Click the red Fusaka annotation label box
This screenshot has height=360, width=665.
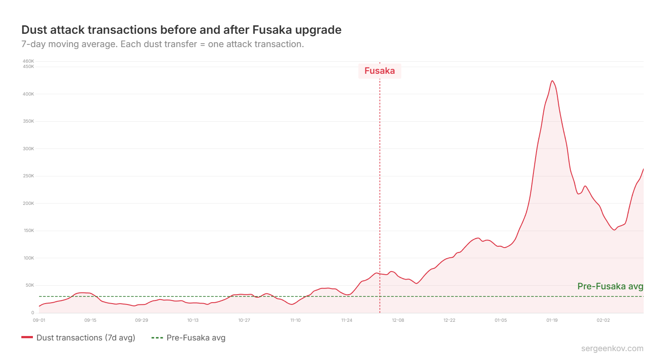point(380,71)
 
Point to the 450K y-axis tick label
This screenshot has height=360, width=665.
point(28,67)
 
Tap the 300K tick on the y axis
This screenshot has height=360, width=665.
point(28,149)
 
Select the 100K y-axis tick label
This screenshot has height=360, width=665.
point(28,258)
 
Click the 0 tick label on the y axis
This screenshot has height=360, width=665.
point(32,313)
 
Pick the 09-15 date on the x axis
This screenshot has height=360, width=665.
point(90,320)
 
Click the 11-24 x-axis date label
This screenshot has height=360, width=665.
point(347,320)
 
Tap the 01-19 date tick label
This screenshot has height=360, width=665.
point(552,320)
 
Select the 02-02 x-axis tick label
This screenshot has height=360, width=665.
point(603,320)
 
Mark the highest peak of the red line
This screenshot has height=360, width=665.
point(552,81)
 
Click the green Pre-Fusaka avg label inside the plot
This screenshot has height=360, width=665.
point(610,287)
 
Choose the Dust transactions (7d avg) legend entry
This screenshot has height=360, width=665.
point(78,338)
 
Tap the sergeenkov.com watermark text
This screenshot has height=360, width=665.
point(612,348)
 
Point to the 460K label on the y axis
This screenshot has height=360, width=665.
point(28,61)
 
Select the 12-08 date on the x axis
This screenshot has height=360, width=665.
point(398,320)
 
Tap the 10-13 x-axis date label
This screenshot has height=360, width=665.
point(193,320)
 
